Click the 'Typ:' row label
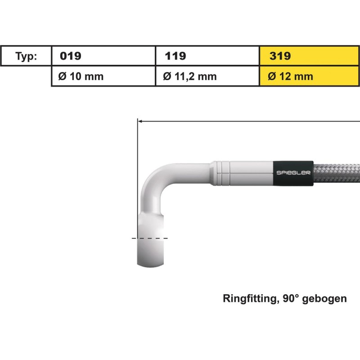click(x=27, y=56)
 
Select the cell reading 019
click(x=71, y=56)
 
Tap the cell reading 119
click(x=175, y=56)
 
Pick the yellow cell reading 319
click(x=280, y=56)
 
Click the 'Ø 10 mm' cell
click(x=81, y=76)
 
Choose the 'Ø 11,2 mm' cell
click(x=189, y=76)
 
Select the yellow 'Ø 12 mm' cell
click(x=290, y=76)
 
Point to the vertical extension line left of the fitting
click(x=136, y=189)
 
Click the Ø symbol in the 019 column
click(x=63, y=76)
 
